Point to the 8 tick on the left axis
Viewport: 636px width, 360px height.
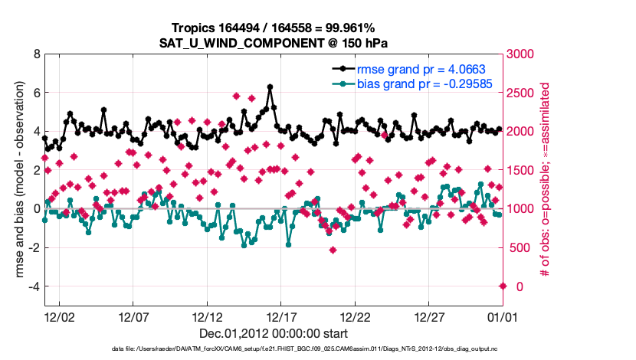coord(36,54)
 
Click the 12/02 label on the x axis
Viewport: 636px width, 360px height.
coord(59,316)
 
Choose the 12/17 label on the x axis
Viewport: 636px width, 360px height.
coord(281,316)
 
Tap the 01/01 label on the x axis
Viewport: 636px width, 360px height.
coord(503,316)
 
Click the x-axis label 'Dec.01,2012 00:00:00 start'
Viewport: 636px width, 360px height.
coord(274,334)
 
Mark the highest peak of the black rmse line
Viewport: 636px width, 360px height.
coord(270,87)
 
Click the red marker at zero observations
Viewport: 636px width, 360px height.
coord(503,286)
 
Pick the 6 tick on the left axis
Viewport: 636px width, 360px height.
coord(36,93)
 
